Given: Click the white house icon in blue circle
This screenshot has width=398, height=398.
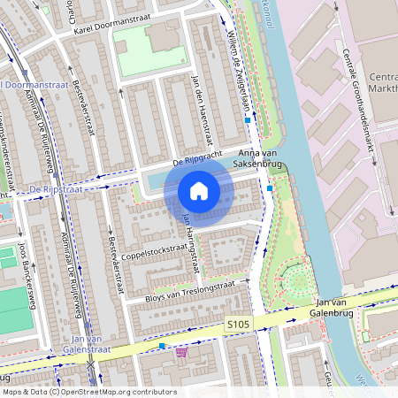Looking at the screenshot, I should [199, 191].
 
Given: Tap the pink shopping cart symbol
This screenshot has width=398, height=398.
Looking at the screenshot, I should [181, 351].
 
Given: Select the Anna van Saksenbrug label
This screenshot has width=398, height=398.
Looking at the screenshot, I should [256, 157].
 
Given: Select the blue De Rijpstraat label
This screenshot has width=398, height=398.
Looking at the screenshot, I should [55, 189].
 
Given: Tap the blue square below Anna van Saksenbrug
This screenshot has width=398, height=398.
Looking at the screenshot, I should [269, 188].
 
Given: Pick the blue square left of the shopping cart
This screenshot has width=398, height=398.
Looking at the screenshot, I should [162, 346].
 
